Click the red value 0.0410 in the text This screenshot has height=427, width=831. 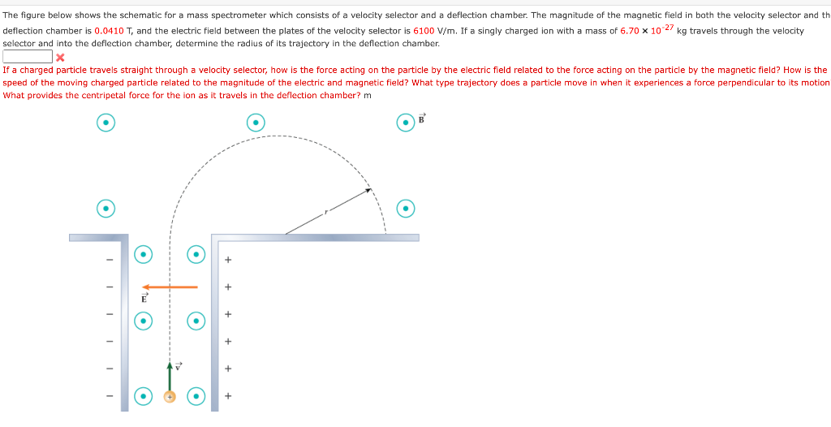108,31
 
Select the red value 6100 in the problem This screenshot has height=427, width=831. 425,31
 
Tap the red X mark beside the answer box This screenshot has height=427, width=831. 59,57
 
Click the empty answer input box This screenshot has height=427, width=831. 28,57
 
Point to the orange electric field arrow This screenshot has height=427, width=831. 170,287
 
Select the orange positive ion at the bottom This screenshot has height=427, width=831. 170,397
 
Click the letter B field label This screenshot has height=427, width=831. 421,119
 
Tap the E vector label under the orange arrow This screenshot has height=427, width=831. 144,298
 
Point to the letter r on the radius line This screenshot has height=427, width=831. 326,212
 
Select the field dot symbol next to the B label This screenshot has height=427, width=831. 406,123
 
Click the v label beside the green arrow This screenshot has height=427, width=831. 179,364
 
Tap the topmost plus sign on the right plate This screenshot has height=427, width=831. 228,260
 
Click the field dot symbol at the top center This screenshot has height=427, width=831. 256,123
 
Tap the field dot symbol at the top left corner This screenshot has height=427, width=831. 105,123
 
